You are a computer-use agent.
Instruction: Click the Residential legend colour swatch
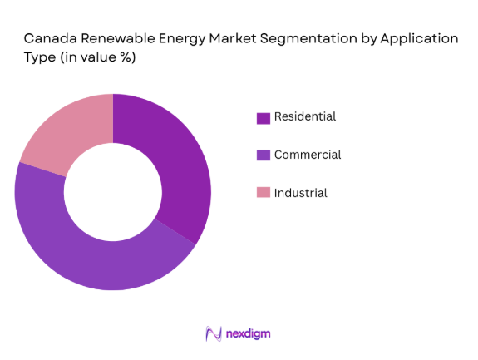click(264, 117)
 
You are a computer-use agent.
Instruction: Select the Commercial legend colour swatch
click(264, 155)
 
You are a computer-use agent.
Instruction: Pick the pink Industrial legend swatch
click(264, 193)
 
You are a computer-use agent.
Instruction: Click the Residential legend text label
click(305, 117)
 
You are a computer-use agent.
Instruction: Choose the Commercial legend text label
click(308, 155)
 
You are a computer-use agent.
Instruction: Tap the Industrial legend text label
click(301, 193)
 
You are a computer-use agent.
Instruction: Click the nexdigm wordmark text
click(248, 333)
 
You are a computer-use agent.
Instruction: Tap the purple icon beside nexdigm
click(213, 333)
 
